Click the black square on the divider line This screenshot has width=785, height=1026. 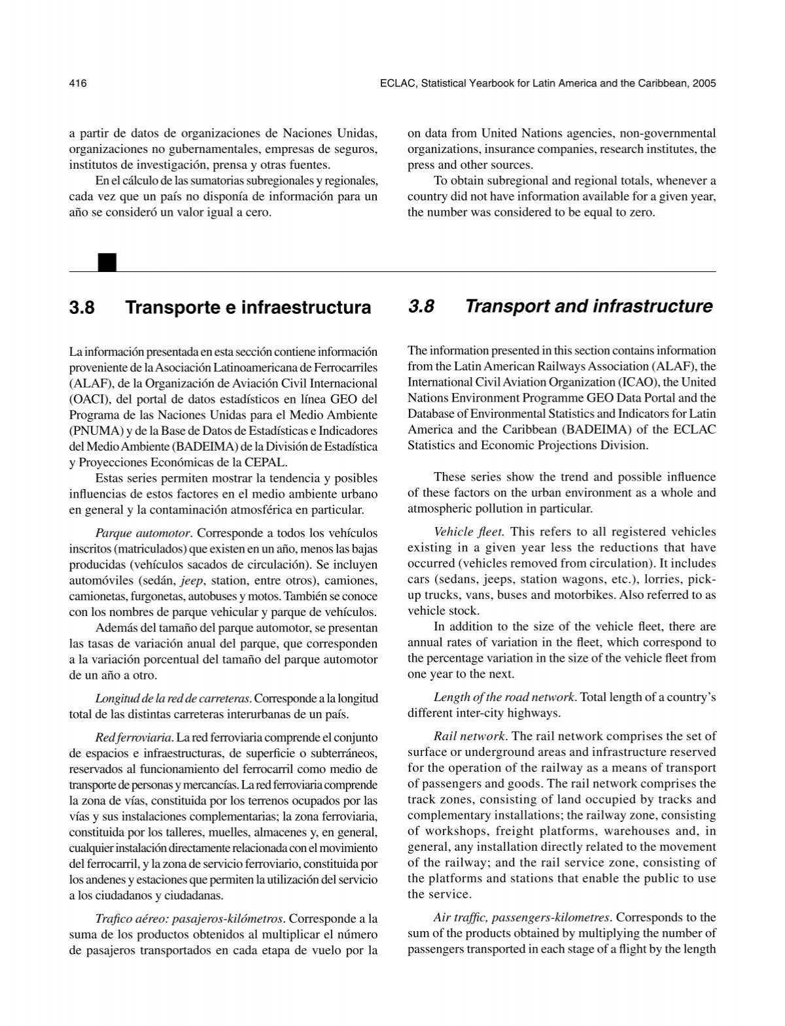(x=107, y=262)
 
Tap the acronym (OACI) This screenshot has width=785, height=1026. (x=87, y=399)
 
